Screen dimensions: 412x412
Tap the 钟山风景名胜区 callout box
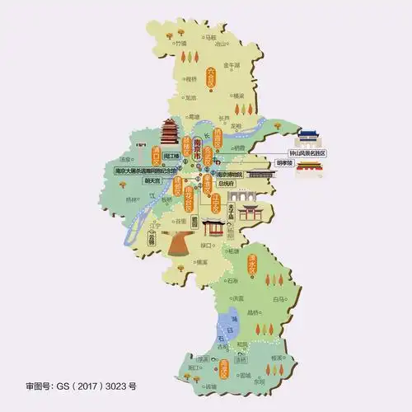[x=307, y=153]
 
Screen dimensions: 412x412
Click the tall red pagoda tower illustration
[x=171, y=131]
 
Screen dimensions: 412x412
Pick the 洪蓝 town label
[x=238, y=298]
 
